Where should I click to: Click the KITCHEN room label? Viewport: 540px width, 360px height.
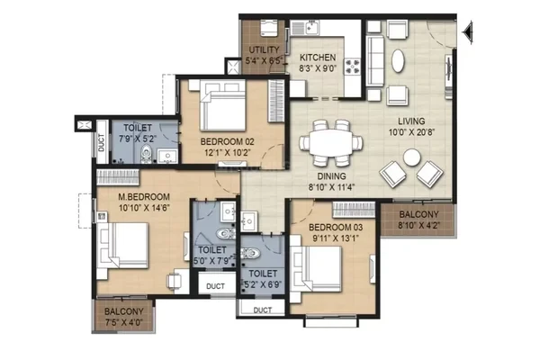tap(318, 58)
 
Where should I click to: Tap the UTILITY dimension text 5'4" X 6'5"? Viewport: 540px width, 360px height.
tap(264, 61)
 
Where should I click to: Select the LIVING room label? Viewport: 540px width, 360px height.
tap(411, 121)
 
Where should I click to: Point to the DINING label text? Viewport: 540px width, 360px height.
tap(331, 176)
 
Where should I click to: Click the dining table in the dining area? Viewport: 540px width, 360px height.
tap(330, 142)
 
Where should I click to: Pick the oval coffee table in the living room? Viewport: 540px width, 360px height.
tap(398, 61)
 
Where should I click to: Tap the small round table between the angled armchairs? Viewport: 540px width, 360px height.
tap(412, 157)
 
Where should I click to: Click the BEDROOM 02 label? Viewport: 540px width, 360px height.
tap(228, 141)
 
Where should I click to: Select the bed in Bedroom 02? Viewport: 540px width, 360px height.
tap(222, 105)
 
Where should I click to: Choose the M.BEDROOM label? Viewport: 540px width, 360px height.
tap(144, 197)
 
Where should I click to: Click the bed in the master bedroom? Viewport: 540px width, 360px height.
tap(123, 246)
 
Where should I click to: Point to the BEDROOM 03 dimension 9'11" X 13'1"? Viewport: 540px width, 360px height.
tap(336, 238)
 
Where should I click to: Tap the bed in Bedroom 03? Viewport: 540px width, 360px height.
tap(316, 269)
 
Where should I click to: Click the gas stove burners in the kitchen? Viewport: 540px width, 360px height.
tap(352, 67)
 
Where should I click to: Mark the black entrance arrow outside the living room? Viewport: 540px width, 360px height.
tap(468, 32)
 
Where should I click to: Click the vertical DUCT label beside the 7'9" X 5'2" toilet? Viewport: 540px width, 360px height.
tap(101, 142)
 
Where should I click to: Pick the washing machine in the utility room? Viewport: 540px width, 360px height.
tap(269, 28)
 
